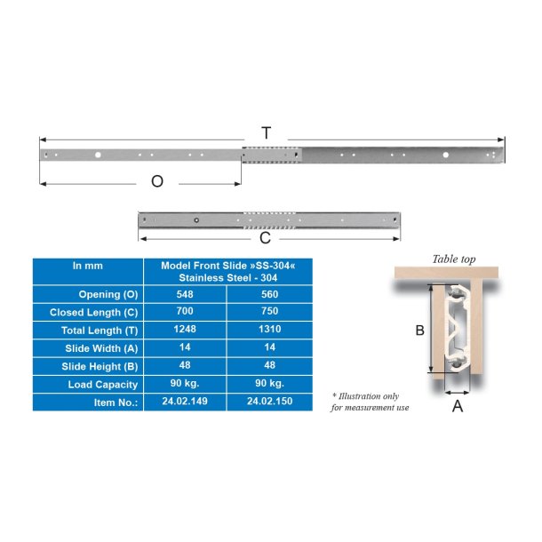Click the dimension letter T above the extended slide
pyautogui.click(x=267, y=133)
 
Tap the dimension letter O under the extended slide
pyautogui.click(x=157, y=182)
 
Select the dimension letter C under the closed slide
pyautogui.click(x=265, y=238)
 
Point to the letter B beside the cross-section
pyautogui.click(x=419, y=330)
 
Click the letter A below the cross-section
pyautogui.click(x=458, y=406)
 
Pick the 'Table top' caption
pyautogui.click(x=453, y=259)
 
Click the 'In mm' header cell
pyautogui.click(x=87, y=266)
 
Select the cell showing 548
pyautogui.click(x=185, y=294)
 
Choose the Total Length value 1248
pyautogui.click(x=185, y=330)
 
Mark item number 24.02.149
pyautogui.click(x=185, y=402)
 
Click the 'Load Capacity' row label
pyautogui.click(x=103, y=384)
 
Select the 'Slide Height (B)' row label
pyautogui.click(x=100, y=366)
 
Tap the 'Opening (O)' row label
pyautogui.click(x=108, y=294)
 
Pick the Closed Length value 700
pyautogui.click(x=185, y=312)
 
